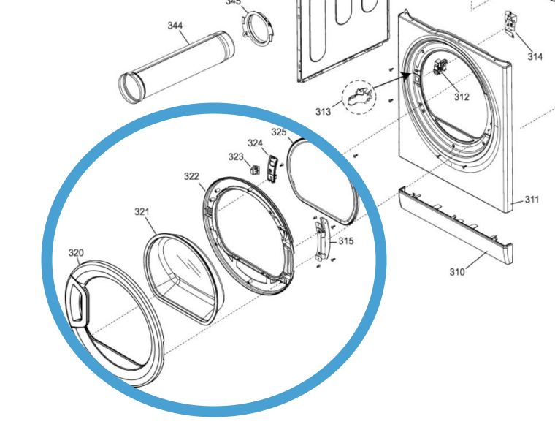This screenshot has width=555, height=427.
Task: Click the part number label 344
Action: [175, 26]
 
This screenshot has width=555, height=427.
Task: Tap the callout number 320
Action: [76, 253]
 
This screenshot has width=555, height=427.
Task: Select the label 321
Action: [142, 212]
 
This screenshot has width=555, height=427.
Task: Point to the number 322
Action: [191, 177]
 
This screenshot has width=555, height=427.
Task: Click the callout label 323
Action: [235, 157]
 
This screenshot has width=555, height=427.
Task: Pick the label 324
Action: [255, 143]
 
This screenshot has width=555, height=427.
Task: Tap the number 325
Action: [278, 132]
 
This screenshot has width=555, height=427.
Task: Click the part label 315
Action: [345, 241]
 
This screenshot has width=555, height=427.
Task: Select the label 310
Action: [456, 273]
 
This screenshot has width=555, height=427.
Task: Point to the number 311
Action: [532, 199]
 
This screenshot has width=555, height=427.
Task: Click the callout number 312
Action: [462, 97]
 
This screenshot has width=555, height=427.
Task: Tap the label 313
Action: [323, 112]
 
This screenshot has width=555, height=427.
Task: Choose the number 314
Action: [535, 56]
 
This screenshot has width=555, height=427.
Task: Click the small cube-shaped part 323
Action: [255, 169]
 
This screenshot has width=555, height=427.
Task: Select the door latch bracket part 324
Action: [272, 167]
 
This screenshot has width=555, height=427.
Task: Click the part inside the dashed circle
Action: [359, 97]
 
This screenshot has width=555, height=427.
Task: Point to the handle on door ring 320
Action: [77, 300]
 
